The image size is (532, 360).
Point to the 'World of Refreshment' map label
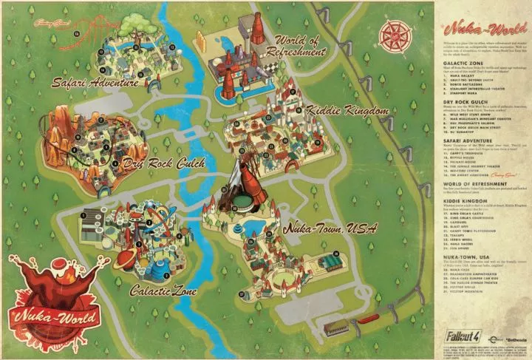pos(300,46)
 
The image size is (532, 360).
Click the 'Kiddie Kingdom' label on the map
pos(336,111)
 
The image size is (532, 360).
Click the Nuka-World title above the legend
pos(468,32)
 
